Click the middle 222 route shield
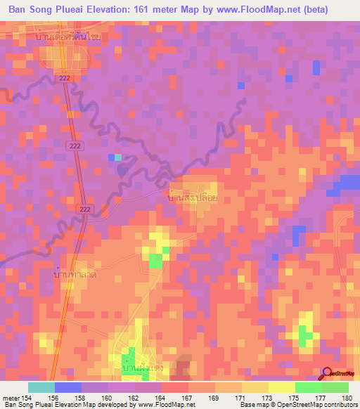coord(75,145)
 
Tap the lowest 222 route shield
coord(85,209)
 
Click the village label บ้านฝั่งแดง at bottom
coord(145,368)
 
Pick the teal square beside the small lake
coord(118,157)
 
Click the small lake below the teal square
coord(122,167)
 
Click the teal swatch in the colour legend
coord(41,387)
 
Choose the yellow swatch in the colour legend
coord(281,387)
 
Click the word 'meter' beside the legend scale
coord(11,397)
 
